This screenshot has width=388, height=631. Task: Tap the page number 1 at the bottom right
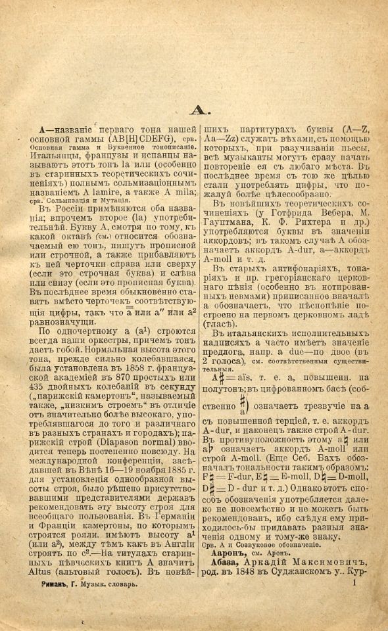pyautogui.click(x=354, y=581)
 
